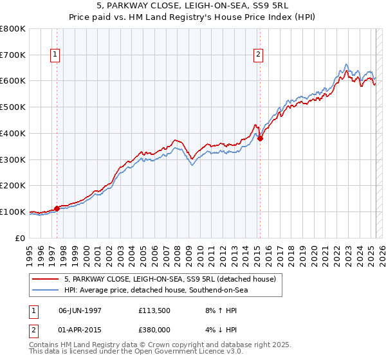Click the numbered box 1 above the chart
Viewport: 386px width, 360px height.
click(55, 55)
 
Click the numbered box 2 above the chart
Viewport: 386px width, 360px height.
click(258, 55)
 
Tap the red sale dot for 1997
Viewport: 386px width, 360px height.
click(57, 208)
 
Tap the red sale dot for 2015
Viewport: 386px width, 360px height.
click(260, 138)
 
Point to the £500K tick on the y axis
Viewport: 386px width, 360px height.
click(14, 107)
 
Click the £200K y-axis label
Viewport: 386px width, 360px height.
click(14, 185)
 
